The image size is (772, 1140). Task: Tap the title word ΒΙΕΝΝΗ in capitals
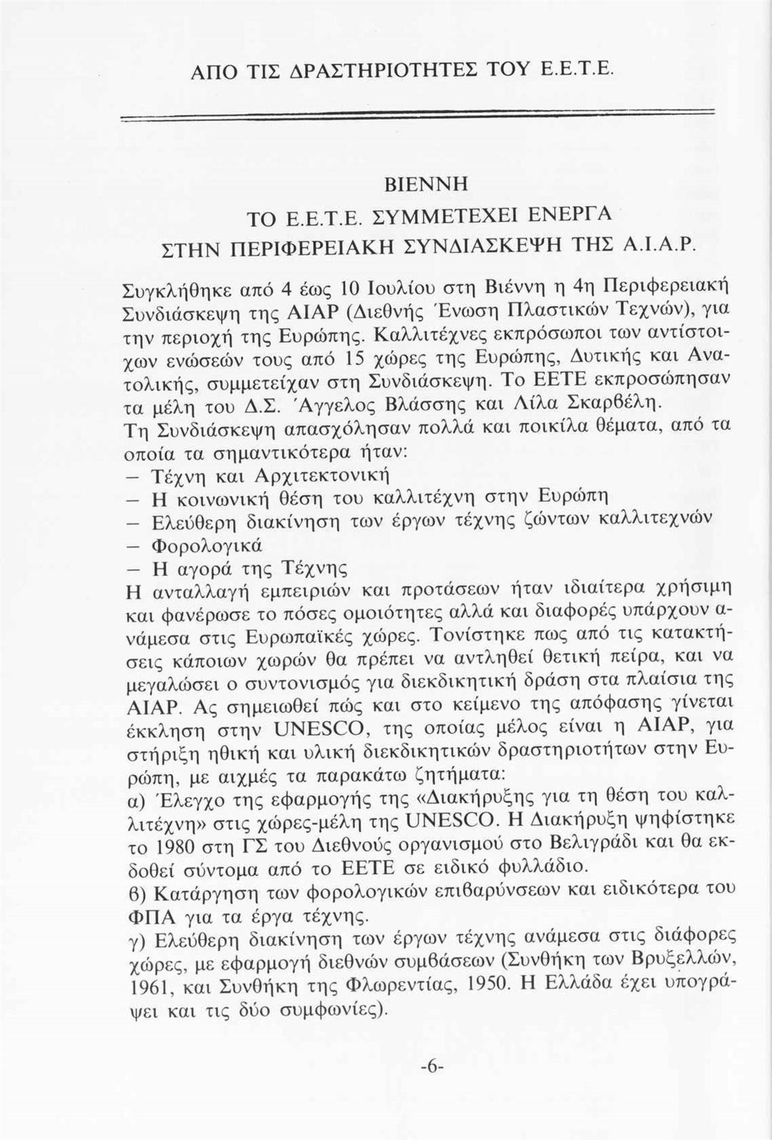tap(425, 184)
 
